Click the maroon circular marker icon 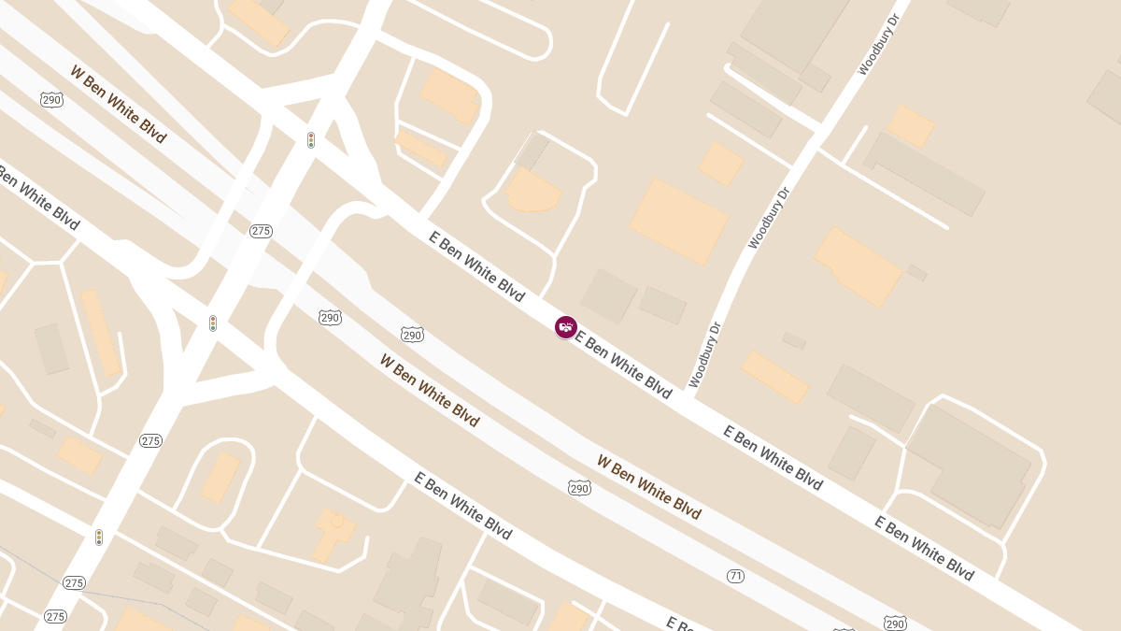pyautogui.click(x=565, y=327)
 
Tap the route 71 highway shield pyautogui.click(x=735, y=576)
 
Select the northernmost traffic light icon pyautogui.click(x=311, y=140)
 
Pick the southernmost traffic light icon pyautogui.click(x=98, y=538)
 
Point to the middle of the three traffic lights pyautogui.click(x=213, y=323)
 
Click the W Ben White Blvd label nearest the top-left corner pyautogui.click(x=118, y=103)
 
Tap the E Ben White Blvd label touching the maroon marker pyautogui.click(x=623, y=364)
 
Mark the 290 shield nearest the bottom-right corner pyautogui.click(x=894, y=623)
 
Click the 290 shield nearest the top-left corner pyautogui.click(x=51, y=99)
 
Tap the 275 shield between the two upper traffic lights pyautogui.click(x=261, y=231)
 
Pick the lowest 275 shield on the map pyautogui.click(x=55, y=616)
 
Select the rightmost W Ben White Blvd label pyautogui.click(x=649, y=487)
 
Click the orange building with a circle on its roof pyautogui.click(x=334, y=534)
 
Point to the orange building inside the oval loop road pyautogui.click(x=220, y=477)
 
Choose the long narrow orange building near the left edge pyautogui.click(x=101, y=332)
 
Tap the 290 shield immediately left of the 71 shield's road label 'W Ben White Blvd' pyautogui.click(x=578, y=487)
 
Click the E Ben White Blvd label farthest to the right pyautogui.click(x=924, y=548)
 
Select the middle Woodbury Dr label pyautogui.click(x=769, y=217)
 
